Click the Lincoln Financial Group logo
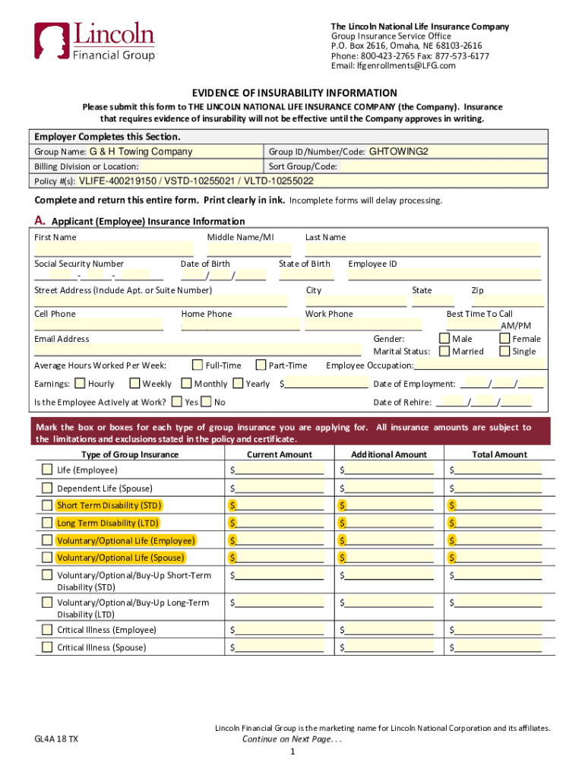(94, 42)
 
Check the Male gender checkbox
(444, 338)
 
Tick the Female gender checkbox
(504, 338)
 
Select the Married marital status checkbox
(444, 351)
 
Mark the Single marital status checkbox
(504, 351)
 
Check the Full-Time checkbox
(198, 365)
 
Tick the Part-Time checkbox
(261, 365)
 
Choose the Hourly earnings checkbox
(80, 384)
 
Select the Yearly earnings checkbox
(238, 384)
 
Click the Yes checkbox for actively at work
(177, 402)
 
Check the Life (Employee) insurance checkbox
(48, 470)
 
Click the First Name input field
(114, 250)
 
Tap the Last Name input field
(422, 250)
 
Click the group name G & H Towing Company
(141, 152)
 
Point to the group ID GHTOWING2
(399, 152)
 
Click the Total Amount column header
(499, 454)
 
